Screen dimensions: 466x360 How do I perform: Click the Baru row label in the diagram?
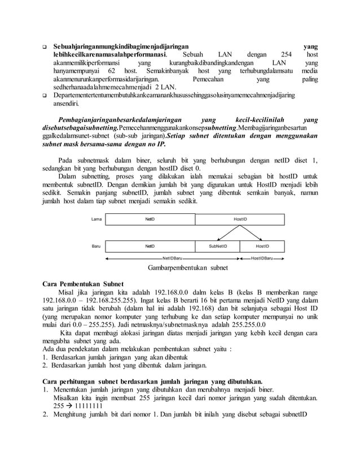point(96,247)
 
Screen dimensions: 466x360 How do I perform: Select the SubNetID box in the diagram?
point(217,247)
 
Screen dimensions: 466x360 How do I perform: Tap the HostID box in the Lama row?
point(240,219)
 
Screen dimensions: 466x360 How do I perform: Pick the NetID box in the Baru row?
point(150,247)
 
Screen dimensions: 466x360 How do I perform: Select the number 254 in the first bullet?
point(287,54)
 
